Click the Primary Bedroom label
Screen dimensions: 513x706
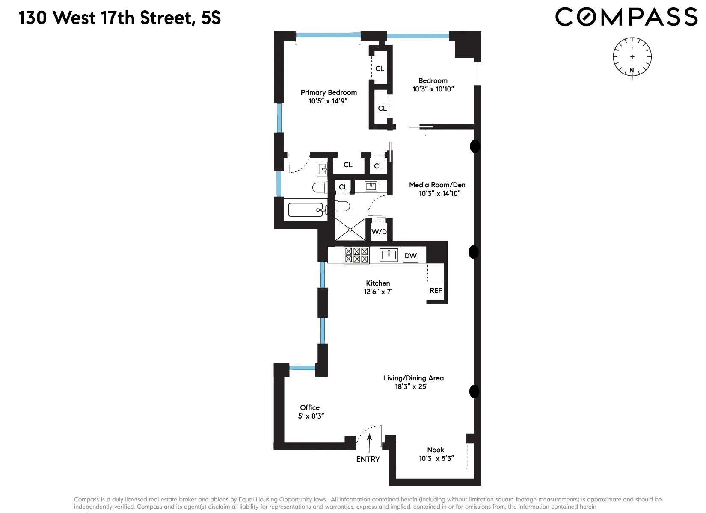coord(329,92)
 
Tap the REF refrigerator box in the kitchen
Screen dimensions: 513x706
coord(436,291)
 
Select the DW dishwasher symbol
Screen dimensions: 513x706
coord(410,256)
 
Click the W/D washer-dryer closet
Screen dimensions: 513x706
coord(379,232)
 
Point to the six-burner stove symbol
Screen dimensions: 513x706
coord(356,255)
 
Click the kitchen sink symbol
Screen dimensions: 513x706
coord(389,255)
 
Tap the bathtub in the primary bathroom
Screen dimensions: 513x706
coord(306,210)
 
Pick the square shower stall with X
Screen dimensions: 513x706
coord(350,230)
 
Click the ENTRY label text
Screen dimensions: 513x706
coord(368,459)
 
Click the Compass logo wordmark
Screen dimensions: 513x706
coord(626,17)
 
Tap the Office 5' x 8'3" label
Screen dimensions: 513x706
coord(310,412)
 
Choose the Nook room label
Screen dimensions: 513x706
coord(436,450)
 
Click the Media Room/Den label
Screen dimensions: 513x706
coord(437,185)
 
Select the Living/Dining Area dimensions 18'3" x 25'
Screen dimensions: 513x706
coord(411,386)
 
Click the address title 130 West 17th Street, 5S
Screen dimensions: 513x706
coord(120,18)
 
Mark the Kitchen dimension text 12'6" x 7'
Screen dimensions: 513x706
coord(378,292)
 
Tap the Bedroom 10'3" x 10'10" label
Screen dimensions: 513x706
coord(433,85)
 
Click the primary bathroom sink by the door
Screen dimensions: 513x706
coord(322,169)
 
